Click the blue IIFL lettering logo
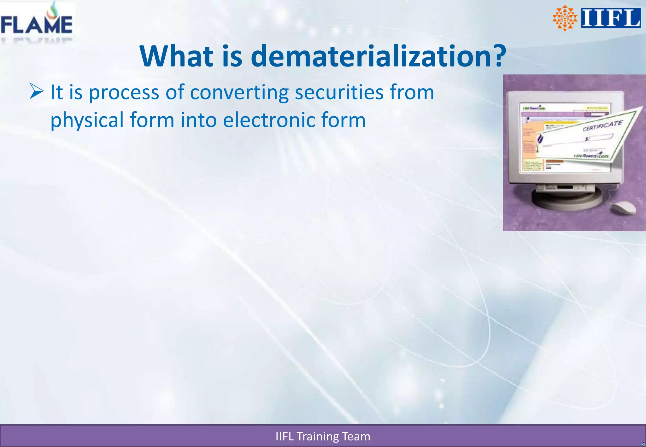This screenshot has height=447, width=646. click(611, 18)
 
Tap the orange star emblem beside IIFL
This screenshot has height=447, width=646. click(565, 18)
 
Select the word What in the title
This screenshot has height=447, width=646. click(177, 56)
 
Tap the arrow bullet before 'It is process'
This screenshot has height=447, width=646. click(37, 91)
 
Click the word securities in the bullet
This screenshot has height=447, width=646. click(339, 92)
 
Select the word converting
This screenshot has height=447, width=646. click(239, 93)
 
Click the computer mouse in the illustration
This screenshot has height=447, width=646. click(624, 207)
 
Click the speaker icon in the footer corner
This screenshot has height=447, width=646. click(643, 444)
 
